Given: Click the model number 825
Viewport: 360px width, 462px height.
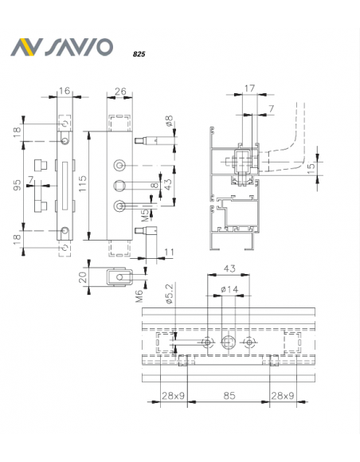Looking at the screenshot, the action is pos(139,54).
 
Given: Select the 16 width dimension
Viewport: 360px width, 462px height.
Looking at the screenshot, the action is pos(65,91).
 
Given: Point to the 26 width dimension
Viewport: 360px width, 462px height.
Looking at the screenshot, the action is pos(120,92).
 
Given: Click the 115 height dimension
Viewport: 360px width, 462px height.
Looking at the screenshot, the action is pos(83,183).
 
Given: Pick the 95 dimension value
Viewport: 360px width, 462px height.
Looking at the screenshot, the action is pos(18,185).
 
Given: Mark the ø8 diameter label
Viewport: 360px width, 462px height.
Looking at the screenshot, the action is pos(169,121).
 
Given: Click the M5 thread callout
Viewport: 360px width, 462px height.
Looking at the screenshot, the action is pos(145,217).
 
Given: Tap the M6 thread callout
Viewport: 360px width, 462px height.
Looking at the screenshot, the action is pos(139,296).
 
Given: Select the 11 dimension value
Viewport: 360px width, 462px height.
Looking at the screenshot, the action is pos(169,253).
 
